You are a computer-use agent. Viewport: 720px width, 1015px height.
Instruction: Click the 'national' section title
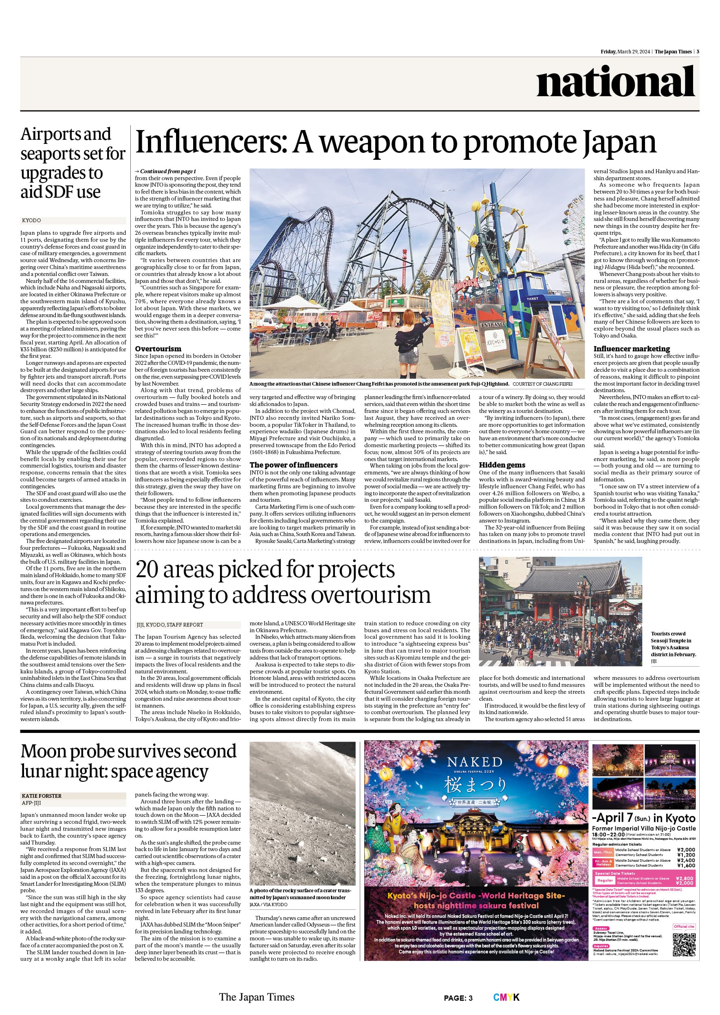click(x=615, y=82)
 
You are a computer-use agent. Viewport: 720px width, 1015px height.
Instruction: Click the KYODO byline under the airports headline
click(x=31, y=221)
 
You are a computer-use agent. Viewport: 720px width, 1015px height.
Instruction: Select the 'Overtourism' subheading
click(x=158, y=349)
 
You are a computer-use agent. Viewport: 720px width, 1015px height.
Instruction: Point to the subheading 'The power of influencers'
click(x=293, y=465)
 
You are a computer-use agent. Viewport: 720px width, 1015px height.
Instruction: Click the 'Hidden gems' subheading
click(x=502, y=465)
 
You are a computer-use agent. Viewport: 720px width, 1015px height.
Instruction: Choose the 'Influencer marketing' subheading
click(x=632, y=349)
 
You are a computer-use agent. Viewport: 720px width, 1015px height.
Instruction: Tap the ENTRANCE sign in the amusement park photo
click(x=493, y=325)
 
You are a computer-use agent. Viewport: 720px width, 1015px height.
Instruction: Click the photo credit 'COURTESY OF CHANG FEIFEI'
click(x=542, y=384)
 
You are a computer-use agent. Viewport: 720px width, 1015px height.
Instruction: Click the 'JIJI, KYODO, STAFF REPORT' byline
click(x=170, y=625)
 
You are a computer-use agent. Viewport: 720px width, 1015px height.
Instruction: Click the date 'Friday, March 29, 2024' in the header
click(x=625, y=52)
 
